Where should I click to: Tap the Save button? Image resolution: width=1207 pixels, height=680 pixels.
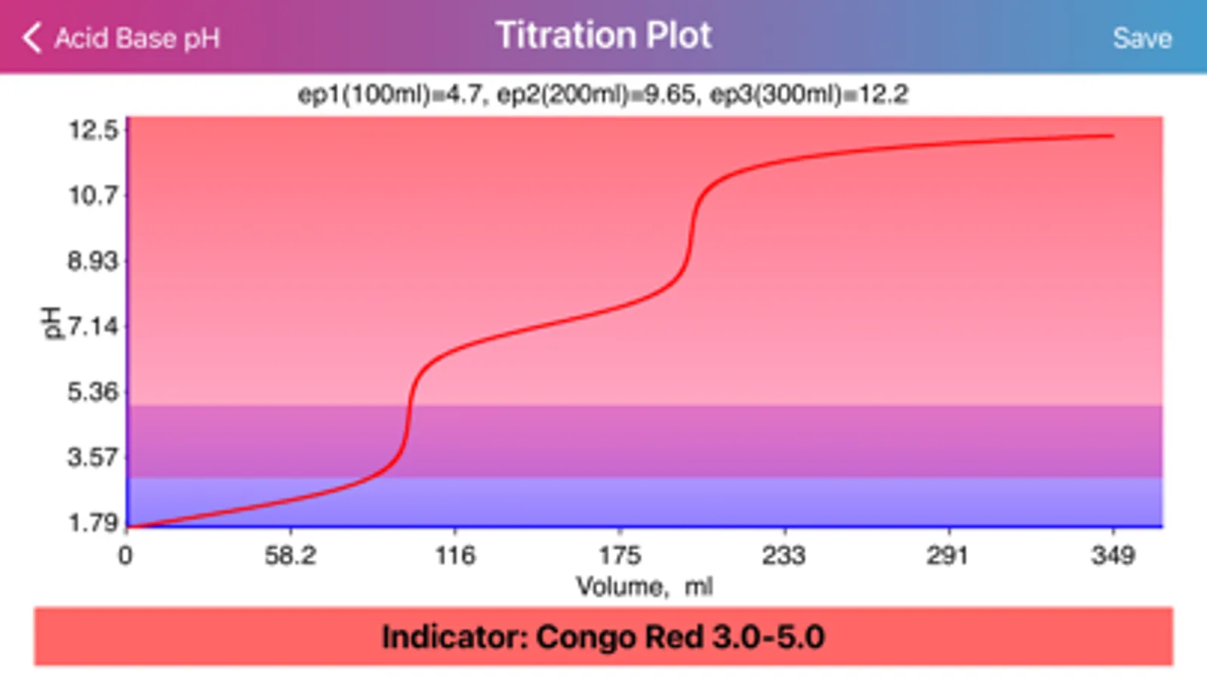pyautogui.click(x=1141, y=39)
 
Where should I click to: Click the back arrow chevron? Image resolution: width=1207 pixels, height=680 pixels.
pyautogui.click(x=31, y=38)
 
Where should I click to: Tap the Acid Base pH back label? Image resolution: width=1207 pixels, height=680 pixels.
pyautogui.click(x=137, y=39)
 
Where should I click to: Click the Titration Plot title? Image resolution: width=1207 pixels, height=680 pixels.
pyautogui.click(x=603, y=36)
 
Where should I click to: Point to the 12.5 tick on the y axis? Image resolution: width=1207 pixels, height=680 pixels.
pyautogui.click(x=94, y=131)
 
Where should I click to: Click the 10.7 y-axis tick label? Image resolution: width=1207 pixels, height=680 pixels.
pyautogui.click(x=94, y=196)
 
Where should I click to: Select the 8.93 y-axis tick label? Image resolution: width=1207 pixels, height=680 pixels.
pyautogui.click(x=94, y=261)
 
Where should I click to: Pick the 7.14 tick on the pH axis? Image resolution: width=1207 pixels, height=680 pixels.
pyautogui.click(x=94, y=327)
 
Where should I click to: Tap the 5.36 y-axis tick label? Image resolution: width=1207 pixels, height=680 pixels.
pyautogui.click(x=94, y=392)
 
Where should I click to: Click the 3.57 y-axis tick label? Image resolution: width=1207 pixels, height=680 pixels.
pyautogui.click(x=94, y=457)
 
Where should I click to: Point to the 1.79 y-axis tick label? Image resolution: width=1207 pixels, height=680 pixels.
pyautogui.click(x=94, y=523)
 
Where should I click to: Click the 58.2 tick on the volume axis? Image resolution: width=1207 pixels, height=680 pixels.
pyautogui.click(x=290, y=556)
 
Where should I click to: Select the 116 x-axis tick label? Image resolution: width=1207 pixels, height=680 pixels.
pyautogui.click(x=455, y=556)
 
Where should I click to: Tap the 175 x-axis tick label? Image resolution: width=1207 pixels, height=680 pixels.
pyautogui.click(x=620, y=556)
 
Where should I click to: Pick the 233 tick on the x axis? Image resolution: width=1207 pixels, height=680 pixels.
pyautogui.click(x=784, y=556)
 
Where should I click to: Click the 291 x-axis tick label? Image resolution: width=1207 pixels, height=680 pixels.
pyautogui.click(x=948, y=556)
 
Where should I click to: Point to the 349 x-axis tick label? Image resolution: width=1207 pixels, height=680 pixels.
pyautogui.click(x=1113, y=556)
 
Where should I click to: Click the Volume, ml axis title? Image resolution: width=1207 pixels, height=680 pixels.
pyautogui.click(x=644, y=586)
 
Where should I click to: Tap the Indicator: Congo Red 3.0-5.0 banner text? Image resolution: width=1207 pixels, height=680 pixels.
pyautogui.click(x=603, y=637)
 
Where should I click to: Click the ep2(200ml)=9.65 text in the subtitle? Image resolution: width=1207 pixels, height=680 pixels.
pyautogui.click(x=596, y=94)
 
